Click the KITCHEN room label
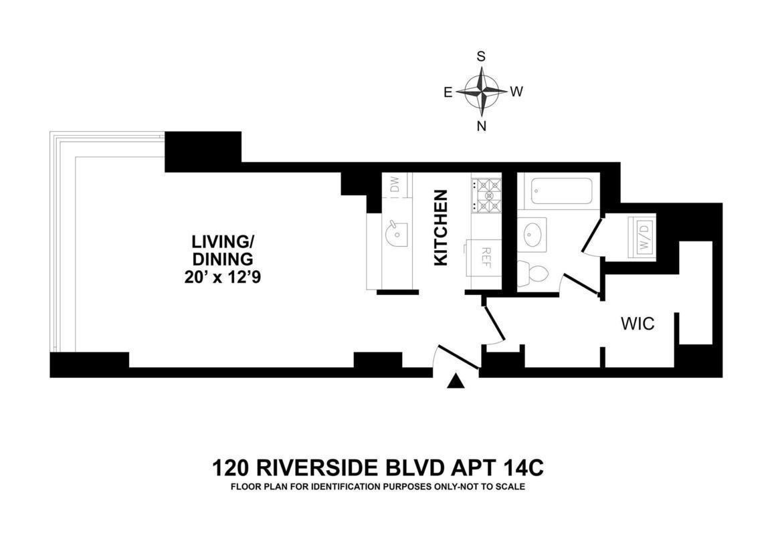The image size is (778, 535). click(441, 227)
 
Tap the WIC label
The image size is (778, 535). click(638, 324)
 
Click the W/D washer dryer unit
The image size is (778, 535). click(643, 236)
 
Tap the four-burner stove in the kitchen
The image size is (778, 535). click(486, 195)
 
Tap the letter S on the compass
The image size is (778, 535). click(481, 57)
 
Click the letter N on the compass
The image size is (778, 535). click(481, 126)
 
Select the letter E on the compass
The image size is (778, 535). click(448, 92)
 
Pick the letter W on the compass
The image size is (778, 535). click(516, 92)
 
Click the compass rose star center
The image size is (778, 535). click(481, 91)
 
